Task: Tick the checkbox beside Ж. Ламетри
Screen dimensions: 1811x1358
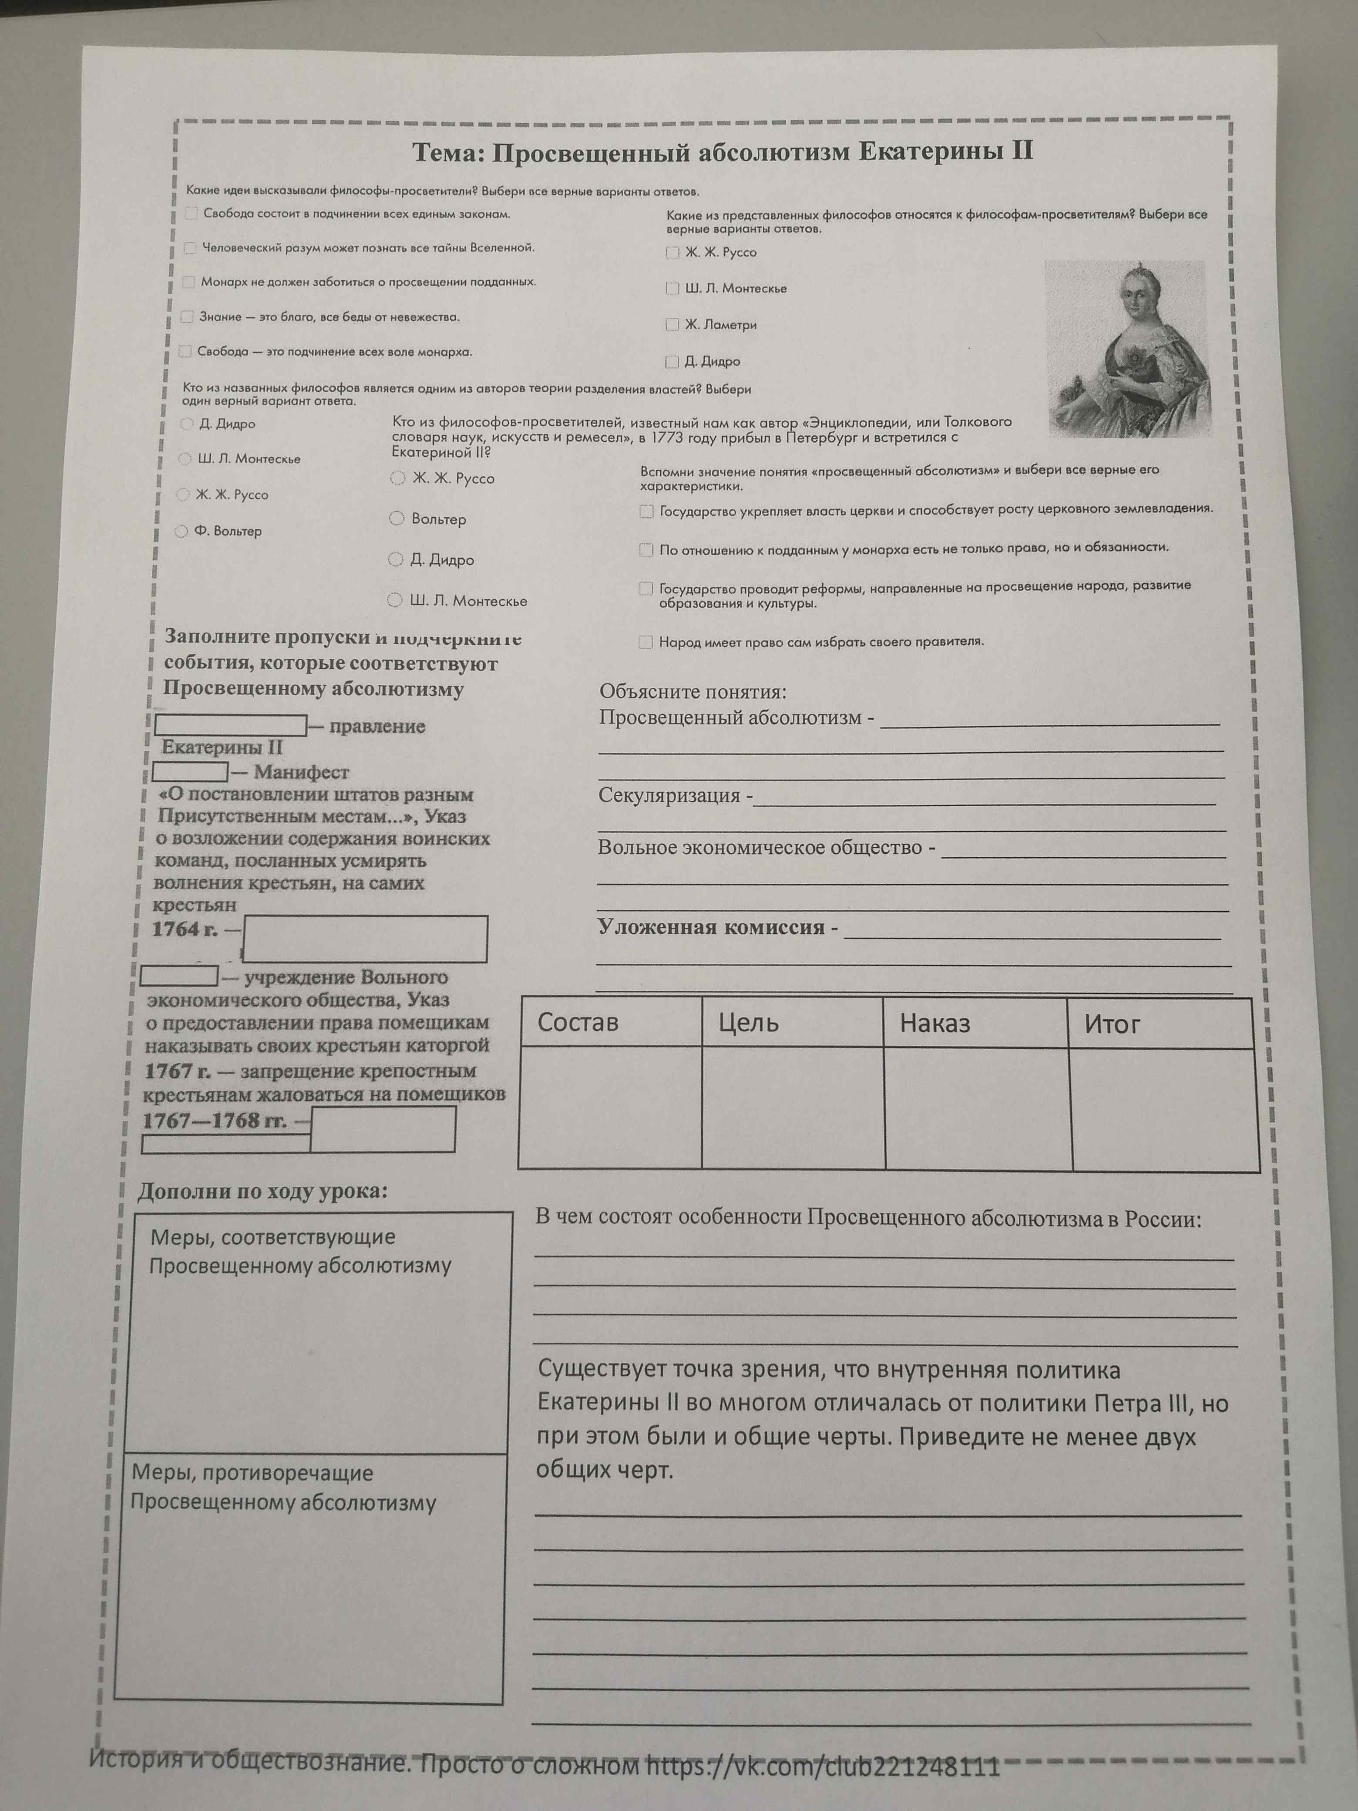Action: [672, 325]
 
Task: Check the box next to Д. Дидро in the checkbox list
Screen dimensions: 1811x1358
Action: [672, 361]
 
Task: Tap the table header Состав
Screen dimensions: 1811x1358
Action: [578, 1023]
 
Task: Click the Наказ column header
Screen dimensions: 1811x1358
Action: [935, 1023]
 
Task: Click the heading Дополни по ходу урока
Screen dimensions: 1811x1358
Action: [262, 1191]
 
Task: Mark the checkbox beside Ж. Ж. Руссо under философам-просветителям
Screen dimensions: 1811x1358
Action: [672, 253]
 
